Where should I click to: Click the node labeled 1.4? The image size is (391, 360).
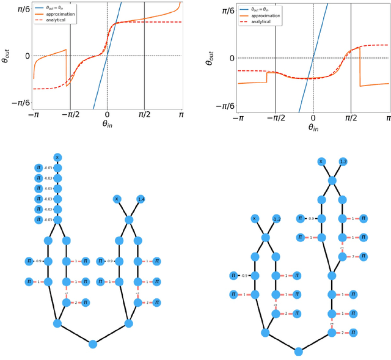[141, 199]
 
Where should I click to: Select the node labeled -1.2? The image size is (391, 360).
[276, 218]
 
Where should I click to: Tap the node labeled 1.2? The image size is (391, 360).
[343, 161]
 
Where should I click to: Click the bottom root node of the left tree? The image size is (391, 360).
[93, 344]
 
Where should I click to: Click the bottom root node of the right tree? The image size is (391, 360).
[298, 351]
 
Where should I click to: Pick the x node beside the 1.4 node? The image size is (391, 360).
[117, 199]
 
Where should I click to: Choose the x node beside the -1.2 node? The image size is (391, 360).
[255, 218]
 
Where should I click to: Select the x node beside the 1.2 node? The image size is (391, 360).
[321, 161]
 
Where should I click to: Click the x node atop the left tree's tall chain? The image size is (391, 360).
[57, 157]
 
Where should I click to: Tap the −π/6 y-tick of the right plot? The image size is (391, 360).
[225, 106]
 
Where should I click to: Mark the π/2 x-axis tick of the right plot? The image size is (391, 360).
[351, 120]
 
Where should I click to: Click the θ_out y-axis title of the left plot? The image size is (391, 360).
[5, 55]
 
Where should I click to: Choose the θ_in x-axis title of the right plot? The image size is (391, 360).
[313, 129]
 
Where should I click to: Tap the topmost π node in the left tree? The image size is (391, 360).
[38, 167]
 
